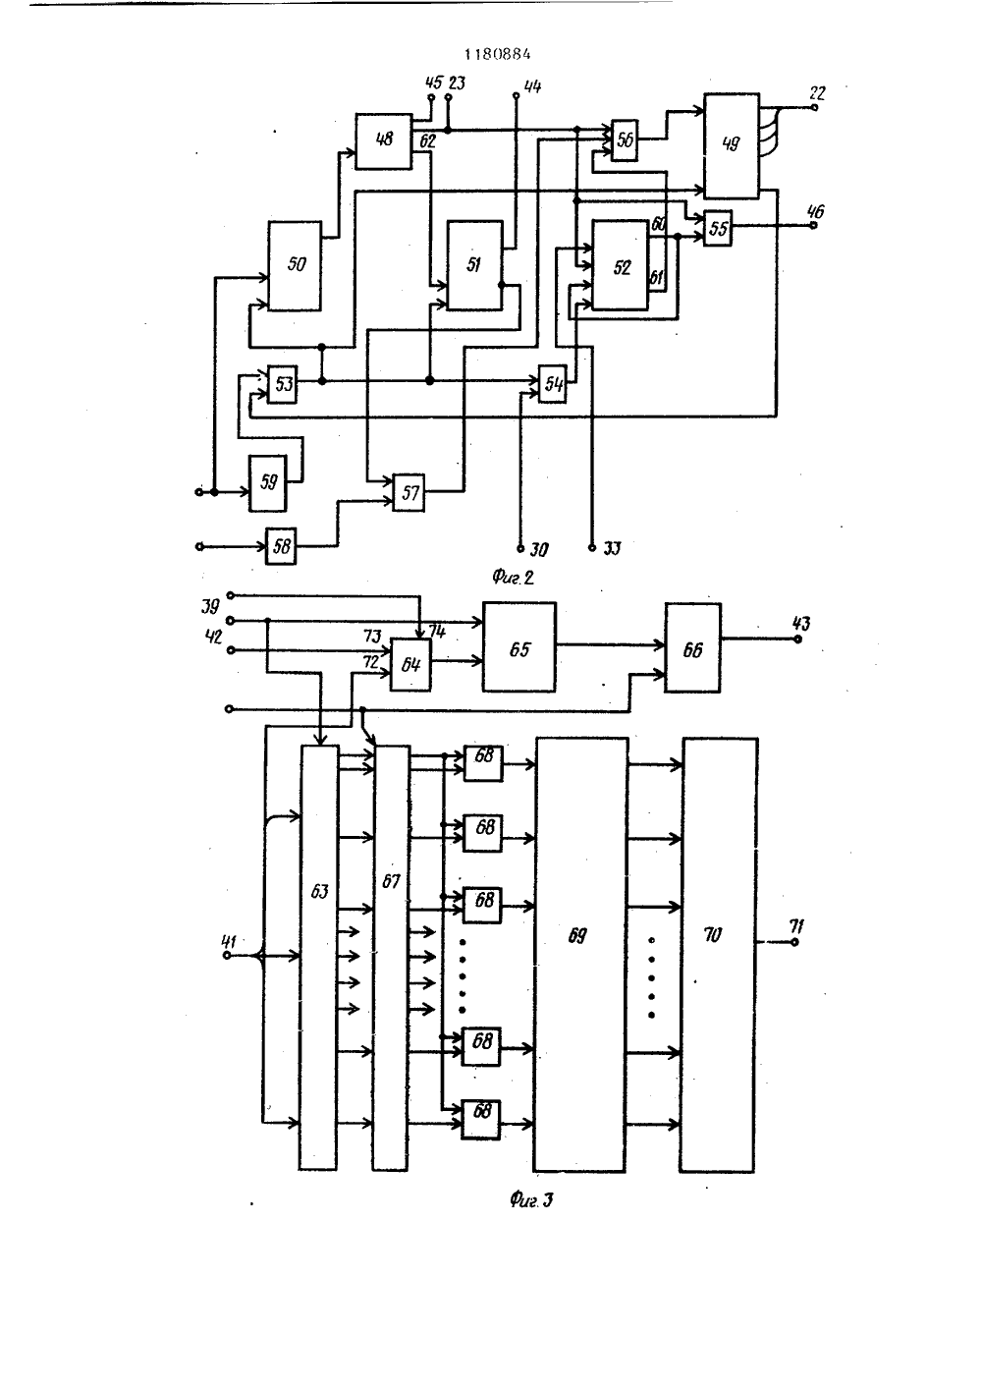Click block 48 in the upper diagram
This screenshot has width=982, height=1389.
(384, 140)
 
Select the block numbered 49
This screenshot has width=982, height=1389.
(732, 145)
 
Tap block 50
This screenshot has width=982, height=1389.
(295, 265)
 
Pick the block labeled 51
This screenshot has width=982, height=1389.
(475, 265)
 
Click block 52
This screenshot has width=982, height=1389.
(621, 265)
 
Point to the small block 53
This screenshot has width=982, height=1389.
(282, 384)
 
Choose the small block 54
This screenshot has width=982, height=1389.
(552, 384)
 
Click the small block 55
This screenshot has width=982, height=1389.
(718, 228)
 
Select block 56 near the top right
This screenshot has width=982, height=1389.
(625, 140)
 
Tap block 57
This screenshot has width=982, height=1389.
(409, 492)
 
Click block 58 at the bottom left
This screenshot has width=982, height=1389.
(281, 546)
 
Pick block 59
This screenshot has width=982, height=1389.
(268, 483)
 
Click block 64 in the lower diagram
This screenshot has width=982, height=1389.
(410, 665)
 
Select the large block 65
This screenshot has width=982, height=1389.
(519, 646)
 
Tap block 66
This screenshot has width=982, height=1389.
(693, 647)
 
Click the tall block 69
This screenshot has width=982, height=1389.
(580, 954)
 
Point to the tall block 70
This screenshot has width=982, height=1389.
(719, 955)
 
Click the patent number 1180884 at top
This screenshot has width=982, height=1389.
(497, 55)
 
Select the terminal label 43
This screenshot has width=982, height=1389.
(801, 623)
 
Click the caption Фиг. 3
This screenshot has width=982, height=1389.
(531, 1199)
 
